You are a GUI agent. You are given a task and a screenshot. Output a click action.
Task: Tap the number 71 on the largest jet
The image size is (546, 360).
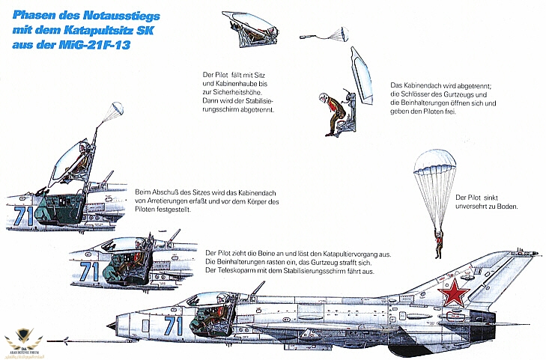[x=173, y=326]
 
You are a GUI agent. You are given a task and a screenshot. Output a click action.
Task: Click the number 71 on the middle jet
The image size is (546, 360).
[x=89, y=270]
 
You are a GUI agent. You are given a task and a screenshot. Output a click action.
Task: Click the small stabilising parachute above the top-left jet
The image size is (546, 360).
[x=113, y=111]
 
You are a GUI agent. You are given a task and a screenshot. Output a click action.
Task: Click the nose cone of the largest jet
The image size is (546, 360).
[x=112, y=326]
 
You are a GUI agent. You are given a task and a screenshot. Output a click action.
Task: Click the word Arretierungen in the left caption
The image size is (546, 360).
[x=169, y=202]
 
